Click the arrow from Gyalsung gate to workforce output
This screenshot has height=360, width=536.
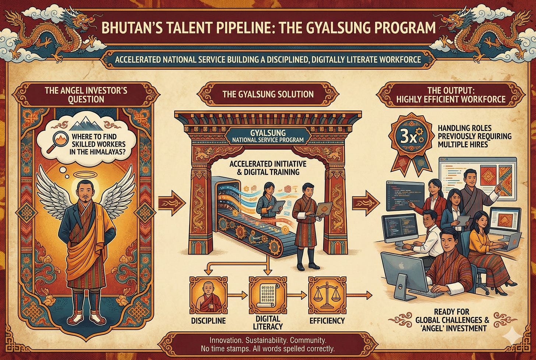coord(366,203)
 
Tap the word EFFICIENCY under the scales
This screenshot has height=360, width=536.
coord(327,321)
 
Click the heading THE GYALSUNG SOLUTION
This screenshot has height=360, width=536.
coord(268,94)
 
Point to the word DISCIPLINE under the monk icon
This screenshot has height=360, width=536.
coord(208,321)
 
